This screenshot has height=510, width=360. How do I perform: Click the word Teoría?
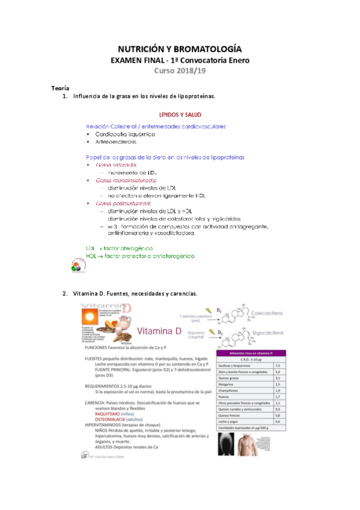(59, 88)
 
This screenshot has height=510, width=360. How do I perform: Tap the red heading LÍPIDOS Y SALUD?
(179, 114)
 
